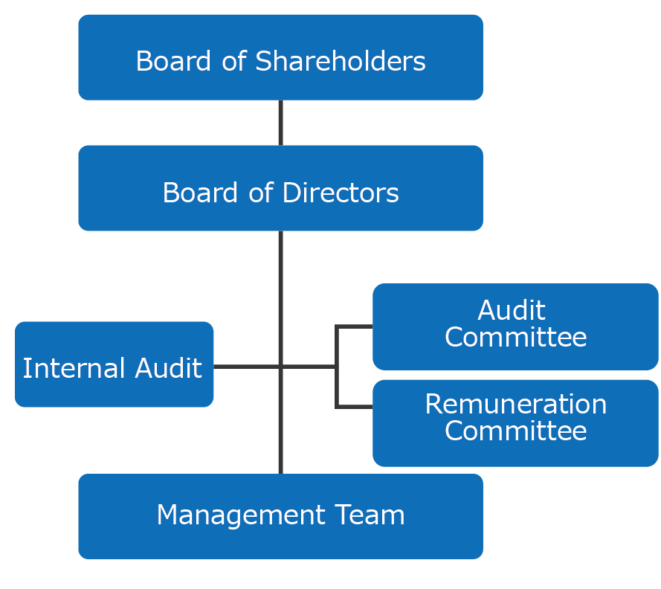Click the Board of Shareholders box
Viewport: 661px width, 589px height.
(280, 57)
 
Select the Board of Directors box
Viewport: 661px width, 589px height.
(280, 188)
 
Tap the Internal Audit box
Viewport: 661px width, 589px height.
(114, 364)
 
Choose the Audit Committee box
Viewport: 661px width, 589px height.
(515, 326)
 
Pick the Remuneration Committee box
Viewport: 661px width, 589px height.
(515, 422)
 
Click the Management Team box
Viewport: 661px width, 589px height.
(280, 516)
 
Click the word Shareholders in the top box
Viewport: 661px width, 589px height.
(341, 61)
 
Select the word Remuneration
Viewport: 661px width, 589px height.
(515, 405)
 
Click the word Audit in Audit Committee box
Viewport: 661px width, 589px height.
(512, 310)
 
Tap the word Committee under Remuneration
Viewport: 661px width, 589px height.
(515, 431)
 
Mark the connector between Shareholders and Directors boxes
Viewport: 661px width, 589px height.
(280, 123)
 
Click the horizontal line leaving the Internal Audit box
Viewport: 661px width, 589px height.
(245, 366)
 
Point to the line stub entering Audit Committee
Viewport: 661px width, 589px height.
(355, 326)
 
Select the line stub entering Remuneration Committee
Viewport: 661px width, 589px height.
(355, 406)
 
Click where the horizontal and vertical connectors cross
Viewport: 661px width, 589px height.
(280, 366)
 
